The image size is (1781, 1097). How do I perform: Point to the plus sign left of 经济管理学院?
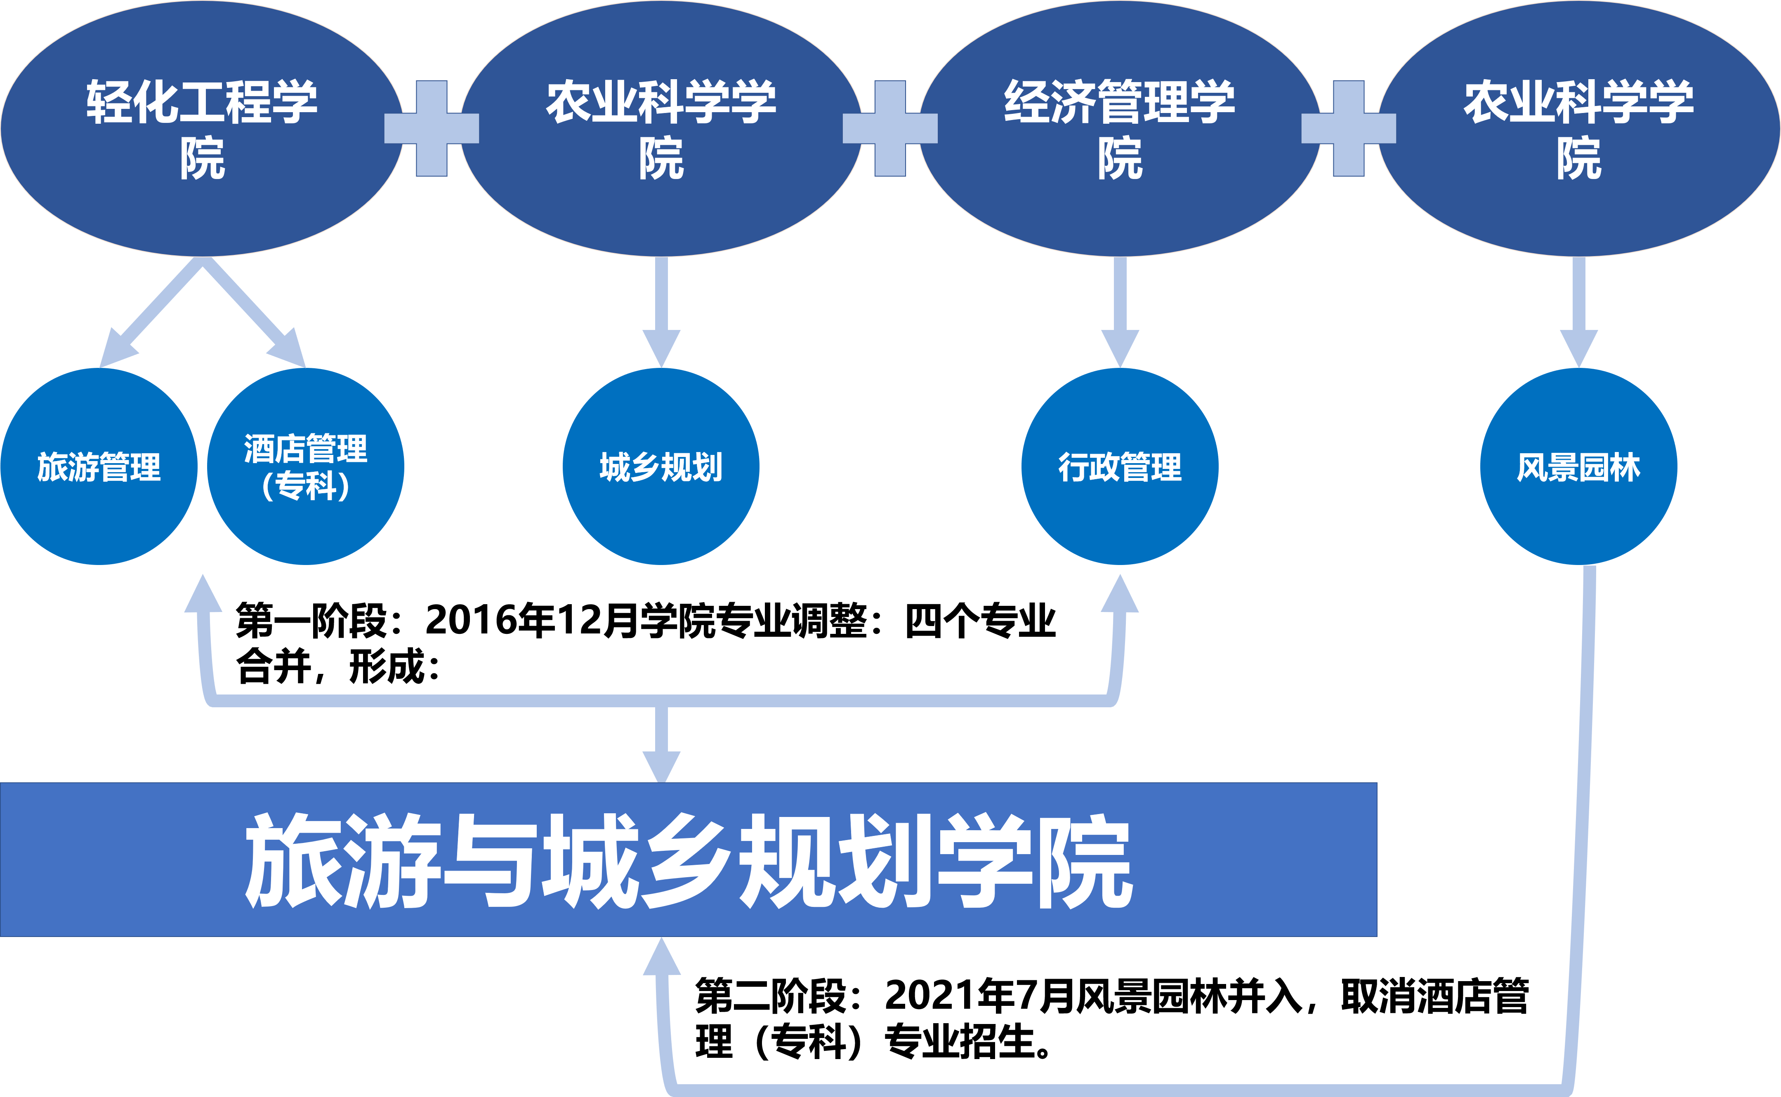pyautogui.click(x=890, y=128)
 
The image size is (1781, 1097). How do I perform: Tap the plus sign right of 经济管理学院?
pyautogui.click(x=1349, y=128)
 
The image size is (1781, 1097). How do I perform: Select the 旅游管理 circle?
pyautogui.click(x=99, y=466)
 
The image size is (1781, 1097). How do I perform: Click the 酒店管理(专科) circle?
pyautogui.click(x=306, y=466)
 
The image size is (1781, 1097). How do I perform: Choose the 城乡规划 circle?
pyautogui.click(x=661, y=466)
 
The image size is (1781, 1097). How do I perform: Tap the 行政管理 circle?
pyautogui.click(x=1120, y=466)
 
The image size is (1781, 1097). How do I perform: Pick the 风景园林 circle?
pyautogui.click(x=1578, y=466)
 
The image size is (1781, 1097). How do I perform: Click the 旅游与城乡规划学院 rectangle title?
pyautogui.click(x=688, y=860)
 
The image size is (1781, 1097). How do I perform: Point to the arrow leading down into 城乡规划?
pyautogui.click(x=661, y=312)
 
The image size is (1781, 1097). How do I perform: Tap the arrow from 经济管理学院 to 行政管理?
pyautogui.click(x=1120, y=312)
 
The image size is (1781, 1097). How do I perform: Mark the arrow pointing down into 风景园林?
pyautogui.click(x=1578, y=312)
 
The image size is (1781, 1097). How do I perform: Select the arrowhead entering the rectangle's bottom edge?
pyautogui.click(x=662, y=958)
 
